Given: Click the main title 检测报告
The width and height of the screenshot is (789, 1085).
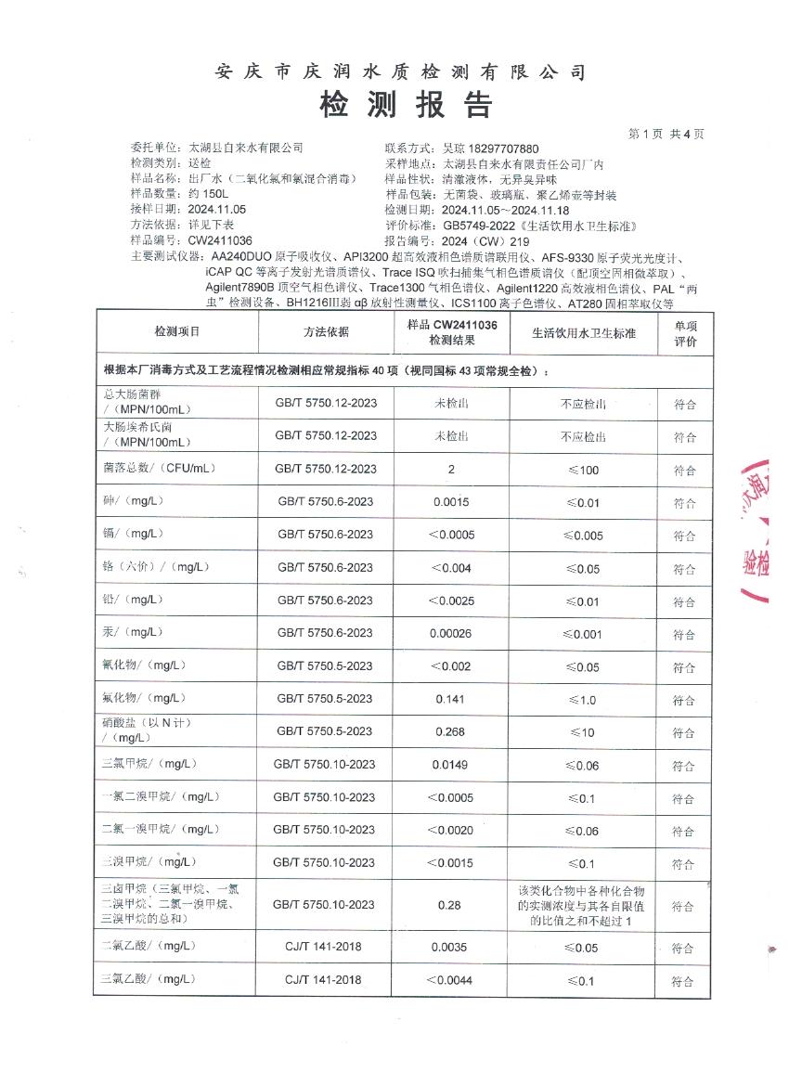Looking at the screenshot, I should tap(405, 105).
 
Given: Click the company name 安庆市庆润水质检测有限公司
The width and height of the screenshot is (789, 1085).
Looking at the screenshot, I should tap(400, 72).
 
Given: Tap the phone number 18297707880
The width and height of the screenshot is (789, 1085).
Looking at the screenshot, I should tap(502, 149).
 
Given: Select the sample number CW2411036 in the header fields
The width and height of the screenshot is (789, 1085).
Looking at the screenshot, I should tap(219, 239).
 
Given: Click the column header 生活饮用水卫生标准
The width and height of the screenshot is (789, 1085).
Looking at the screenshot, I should tap(583, 331).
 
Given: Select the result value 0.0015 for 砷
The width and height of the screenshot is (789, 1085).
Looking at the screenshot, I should tap(451, 502).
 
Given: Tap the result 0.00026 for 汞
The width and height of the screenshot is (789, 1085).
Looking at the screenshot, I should tap(451, 633).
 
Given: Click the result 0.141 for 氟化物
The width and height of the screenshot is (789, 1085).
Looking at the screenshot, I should tap(451, 699).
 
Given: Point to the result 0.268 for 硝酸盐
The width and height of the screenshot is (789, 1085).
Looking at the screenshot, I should tap(451, 731).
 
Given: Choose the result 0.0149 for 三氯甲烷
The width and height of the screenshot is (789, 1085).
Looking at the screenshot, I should tap(451, 765).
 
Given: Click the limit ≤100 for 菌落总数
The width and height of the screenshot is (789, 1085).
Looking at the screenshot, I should tap(583, 470).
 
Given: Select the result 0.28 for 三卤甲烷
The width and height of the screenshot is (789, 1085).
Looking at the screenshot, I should tap(451, 905).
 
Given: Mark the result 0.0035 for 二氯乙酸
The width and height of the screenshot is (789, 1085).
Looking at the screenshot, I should tap(451, 947).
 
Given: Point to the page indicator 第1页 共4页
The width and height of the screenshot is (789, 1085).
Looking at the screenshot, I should tap(666, 134).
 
